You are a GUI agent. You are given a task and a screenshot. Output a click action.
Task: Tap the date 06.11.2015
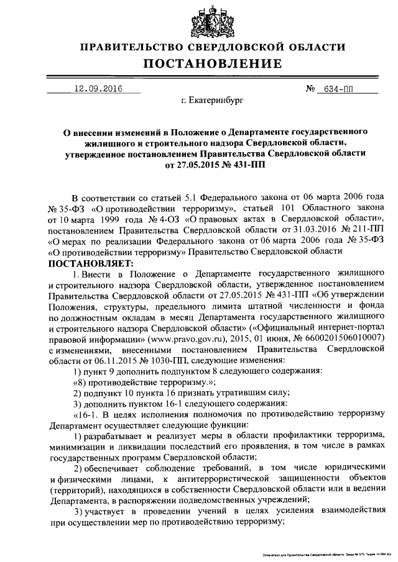[113, 360]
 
